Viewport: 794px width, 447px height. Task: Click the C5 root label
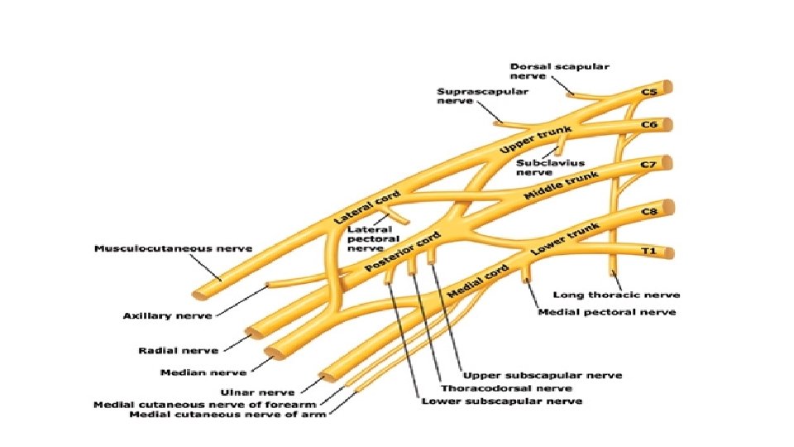649,92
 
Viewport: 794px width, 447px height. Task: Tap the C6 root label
649,124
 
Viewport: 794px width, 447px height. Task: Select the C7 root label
649,165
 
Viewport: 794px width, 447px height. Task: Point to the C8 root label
649,212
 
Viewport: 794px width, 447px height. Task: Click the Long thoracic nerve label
616,295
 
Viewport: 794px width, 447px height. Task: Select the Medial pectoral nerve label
607,312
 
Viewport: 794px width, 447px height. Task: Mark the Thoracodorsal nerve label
505,387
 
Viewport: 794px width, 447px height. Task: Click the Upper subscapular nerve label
543,375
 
